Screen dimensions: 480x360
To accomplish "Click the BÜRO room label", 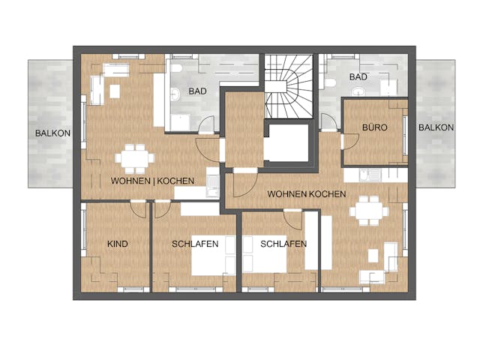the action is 374,127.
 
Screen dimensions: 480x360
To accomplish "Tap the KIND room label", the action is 118,244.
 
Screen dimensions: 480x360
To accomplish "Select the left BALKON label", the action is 52,133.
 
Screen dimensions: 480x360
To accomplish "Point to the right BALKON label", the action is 436,127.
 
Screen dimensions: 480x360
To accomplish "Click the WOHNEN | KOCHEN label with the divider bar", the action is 152,181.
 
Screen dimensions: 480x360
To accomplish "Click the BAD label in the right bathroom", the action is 358,76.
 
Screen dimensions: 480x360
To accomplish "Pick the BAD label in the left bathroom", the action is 197,91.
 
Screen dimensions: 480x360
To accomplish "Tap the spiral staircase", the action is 288,86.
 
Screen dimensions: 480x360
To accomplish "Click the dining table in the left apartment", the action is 135,158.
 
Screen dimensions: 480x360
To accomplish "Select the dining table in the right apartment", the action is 369,211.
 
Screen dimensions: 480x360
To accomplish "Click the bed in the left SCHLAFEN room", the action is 213,255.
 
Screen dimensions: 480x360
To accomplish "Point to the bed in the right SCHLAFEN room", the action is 264,254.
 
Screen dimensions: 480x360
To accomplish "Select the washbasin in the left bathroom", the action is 175,94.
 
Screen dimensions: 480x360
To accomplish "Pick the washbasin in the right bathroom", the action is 358,91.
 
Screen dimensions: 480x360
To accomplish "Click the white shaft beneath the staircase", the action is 286,142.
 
